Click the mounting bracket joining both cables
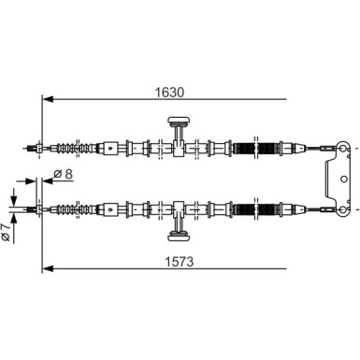335,177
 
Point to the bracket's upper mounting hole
344,147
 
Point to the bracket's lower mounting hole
344,207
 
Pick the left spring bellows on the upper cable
88,147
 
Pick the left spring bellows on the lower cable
88,208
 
